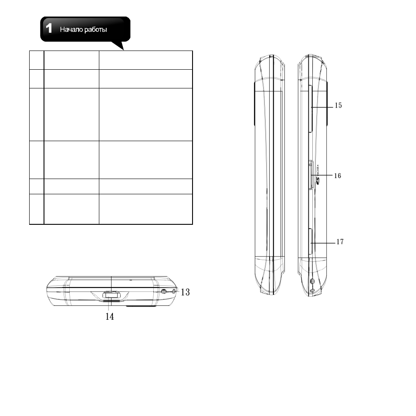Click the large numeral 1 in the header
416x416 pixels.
click(49, 28)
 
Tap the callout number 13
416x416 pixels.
click(186, 292)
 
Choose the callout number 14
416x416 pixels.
click(110, 316)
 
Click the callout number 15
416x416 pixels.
click(338, 105)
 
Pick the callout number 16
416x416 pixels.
click(338, 176)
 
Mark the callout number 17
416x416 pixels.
click(340, 242)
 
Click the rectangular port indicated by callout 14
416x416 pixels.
click(112, 294)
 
